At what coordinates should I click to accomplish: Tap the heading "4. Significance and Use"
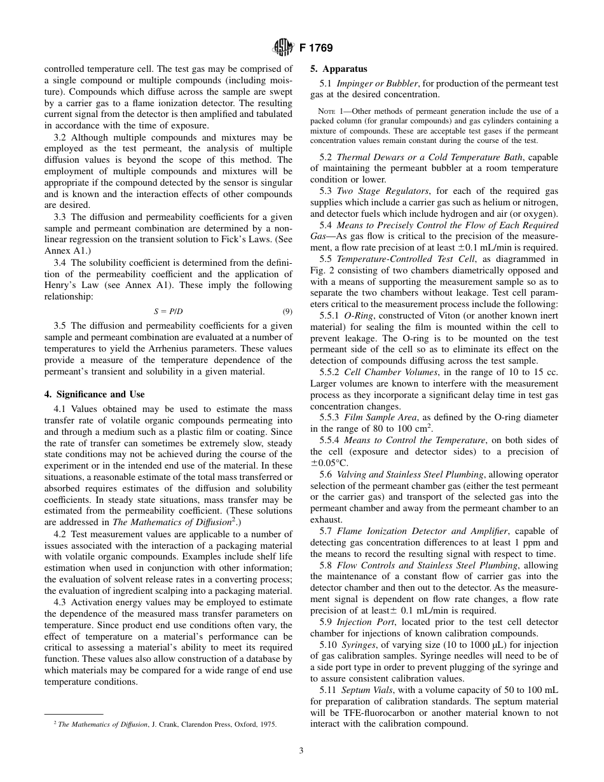tap(94, 394)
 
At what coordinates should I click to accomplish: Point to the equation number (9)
tap(287, 312)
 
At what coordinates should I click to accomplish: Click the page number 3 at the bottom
tap(301, 750)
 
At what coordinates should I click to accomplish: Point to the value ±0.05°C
tap(329, 463)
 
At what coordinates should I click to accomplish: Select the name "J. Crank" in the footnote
tap(163, 724)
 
